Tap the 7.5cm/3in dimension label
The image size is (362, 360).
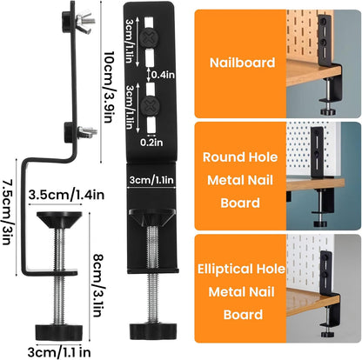click(8, 212)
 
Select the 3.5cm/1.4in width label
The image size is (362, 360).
click(66, 195)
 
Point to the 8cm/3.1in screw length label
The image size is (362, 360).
click(98, 285)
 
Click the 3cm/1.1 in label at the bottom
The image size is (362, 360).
click(59, 352)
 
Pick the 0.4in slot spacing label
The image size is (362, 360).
click(163, 75)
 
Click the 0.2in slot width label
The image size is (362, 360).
click(151, 143)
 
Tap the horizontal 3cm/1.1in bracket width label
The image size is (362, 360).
click(151, 180)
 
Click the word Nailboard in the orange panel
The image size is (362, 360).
click(242, 63)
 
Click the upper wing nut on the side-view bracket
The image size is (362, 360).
click(84, 19)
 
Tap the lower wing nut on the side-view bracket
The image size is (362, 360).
click(87, 131)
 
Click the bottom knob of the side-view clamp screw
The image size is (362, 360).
click(59, 332)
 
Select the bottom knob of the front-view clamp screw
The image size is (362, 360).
click(153, 330)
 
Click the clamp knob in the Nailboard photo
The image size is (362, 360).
click(328, 111)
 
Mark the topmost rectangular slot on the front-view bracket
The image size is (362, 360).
click(149, 23)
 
